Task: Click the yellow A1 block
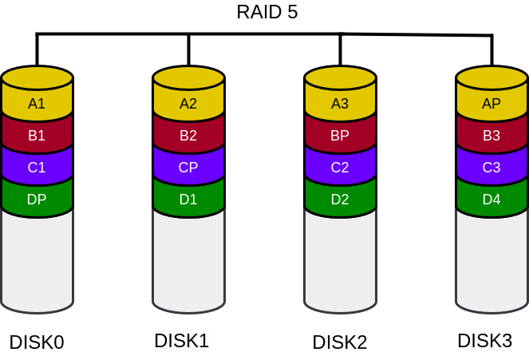(x=37, y=103)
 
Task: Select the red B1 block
(x=37, y=135)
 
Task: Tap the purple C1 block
(x=37, y=168)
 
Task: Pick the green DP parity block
(x=37, y=200)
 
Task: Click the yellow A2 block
(x=188, y=103)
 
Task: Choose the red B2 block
(x=188, y=135)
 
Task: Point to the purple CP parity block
(x=188, y=168)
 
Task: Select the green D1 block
(x=188, y=200)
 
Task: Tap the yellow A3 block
(x=340, y=103)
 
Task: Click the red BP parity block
(x=340, y=135)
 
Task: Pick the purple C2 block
(x=340, y=168)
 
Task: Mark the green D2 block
(x=340, y=200)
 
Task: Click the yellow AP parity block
(x=491, y=103)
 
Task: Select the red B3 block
(x=491, y=135)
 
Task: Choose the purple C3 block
(x=491, y=168)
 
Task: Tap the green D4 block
(x=491, y=200)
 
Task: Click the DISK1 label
(x=181, y=341)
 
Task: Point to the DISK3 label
(x=484, y=341)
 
